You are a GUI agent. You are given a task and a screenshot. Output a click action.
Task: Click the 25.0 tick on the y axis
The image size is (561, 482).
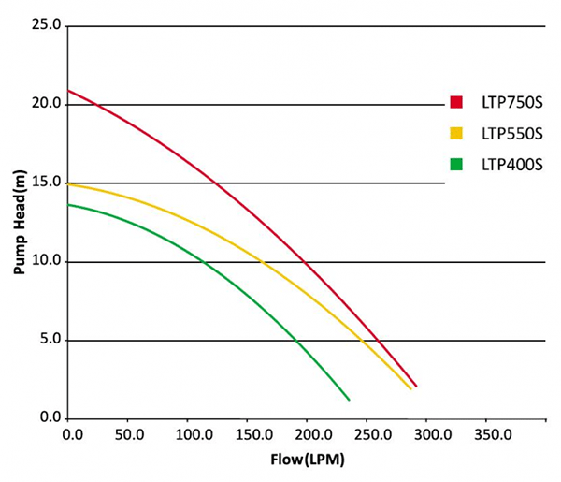coord(47,26)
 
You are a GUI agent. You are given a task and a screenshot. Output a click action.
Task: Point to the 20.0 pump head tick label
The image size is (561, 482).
coord(47,105)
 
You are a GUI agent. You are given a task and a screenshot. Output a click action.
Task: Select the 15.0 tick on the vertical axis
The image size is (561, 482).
coord(47,183)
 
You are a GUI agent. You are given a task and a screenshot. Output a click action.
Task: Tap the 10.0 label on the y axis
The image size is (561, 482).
coord(47,262)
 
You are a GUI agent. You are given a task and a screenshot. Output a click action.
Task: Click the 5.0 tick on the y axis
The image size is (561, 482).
coord(50,340)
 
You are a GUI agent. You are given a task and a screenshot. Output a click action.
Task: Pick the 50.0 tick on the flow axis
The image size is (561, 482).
coord(128,435)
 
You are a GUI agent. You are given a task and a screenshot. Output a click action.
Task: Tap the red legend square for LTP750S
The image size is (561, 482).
coord(456,102)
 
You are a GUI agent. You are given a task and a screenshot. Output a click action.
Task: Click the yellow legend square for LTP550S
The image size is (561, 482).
coord(456,134)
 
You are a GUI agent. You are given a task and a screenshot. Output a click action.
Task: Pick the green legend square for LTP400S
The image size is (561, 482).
coord(456,165)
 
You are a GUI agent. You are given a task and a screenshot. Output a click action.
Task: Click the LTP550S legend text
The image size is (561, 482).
coord(511,134)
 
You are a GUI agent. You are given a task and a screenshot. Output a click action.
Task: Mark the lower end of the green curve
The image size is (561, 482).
coord(349,400)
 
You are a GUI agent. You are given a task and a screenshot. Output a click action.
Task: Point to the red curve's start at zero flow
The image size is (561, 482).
coord(69,91)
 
